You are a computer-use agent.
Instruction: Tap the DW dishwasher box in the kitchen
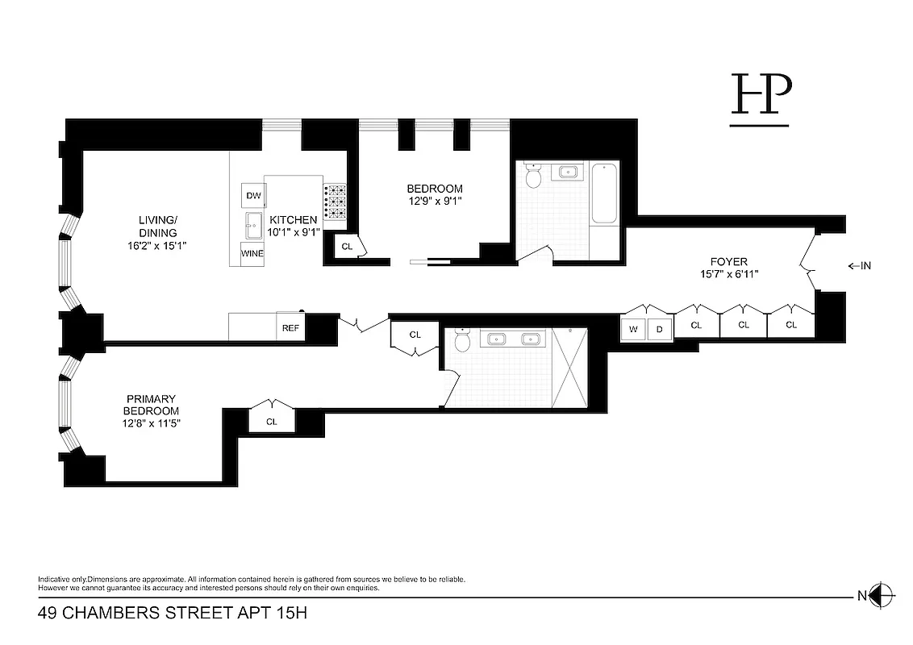coord(253,196)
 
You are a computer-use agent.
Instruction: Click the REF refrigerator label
coord(290,328)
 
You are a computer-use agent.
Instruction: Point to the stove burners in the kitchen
coord(335,202)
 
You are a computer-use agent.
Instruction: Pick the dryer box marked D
coord(659,328)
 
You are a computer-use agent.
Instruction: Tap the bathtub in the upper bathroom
coord(605,193)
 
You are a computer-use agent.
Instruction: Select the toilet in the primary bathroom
coord(462,341)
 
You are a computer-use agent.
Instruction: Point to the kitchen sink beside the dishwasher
coord(252,223)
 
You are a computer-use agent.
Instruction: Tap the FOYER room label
coord(728,261)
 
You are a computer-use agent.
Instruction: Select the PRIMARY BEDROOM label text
coord(151,405)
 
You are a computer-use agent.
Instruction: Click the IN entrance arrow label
coord(860,266)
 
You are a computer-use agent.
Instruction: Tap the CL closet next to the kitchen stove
coord(348,247)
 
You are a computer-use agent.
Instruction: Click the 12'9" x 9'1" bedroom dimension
coord(435,202)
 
